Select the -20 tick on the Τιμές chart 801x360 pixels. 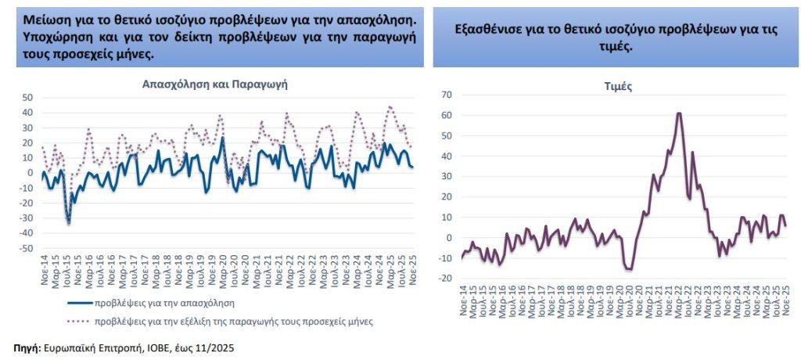(x=446, y=279)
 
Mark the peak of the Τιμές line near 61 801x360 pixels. (x=679, y=113)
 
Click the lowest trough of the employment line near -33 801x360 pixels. (x=69, y=222)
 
